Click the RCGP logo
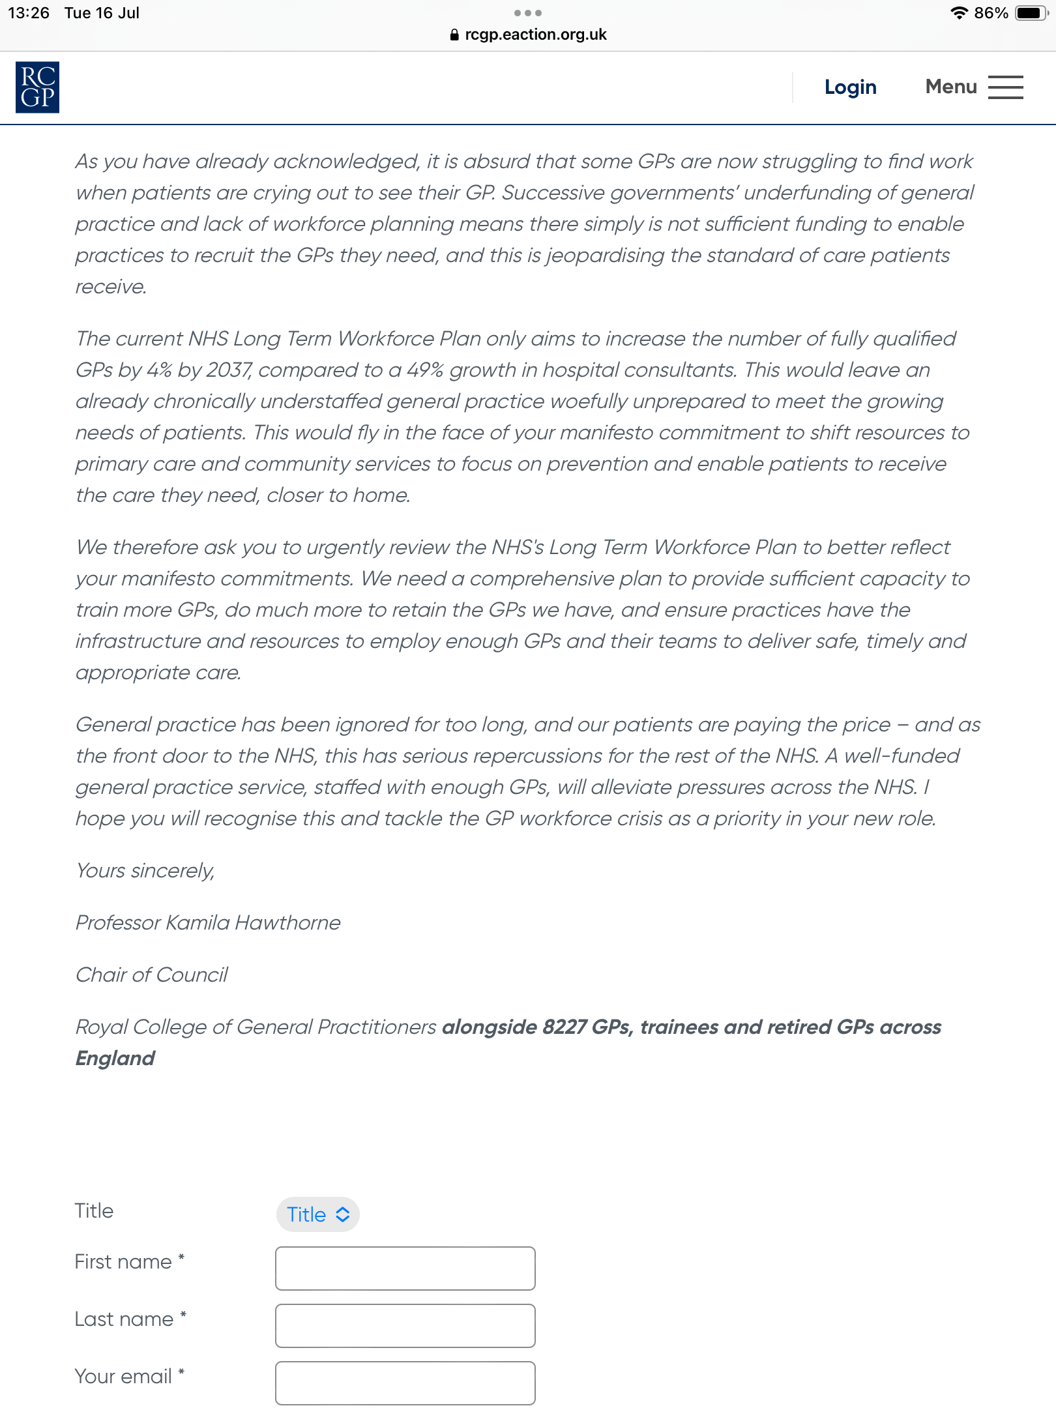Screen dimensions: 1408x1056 point(37,87)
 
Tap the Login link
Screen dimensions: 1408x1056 point(850,87)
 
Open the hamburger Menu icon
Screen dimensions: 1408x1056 point(1005,87)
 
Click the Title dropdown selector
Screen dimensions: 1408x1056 point(318,1214)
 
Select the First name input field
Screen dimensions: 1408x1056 point(405,1269)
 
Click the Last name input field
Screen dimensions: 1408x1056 point(405,1326)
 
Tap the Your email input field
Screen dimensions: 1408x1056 point(405,1383)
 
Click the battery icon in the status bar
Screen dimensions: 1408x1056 point(1030,13)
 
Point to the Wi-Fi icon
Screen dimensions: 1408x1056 point(958,13)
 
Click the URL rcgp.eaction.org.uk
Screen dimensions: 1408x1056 point(535,35)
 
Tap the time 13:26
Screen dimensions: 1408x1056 point(29,13)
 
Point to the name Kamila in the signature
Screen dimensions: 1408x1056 point(198,923)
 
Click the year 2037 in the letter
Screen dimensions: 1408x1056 point(229,370)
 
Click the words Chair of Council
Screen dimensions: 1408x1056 point(152,975)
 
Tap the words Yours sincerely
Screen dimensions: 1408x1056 point(145,871)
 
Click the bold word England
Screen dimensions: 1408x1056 point(115,1059)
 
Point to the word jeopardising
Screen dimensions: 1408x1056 point(606,256)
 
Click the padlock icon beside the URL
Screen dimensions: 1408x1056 point(454,35)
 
